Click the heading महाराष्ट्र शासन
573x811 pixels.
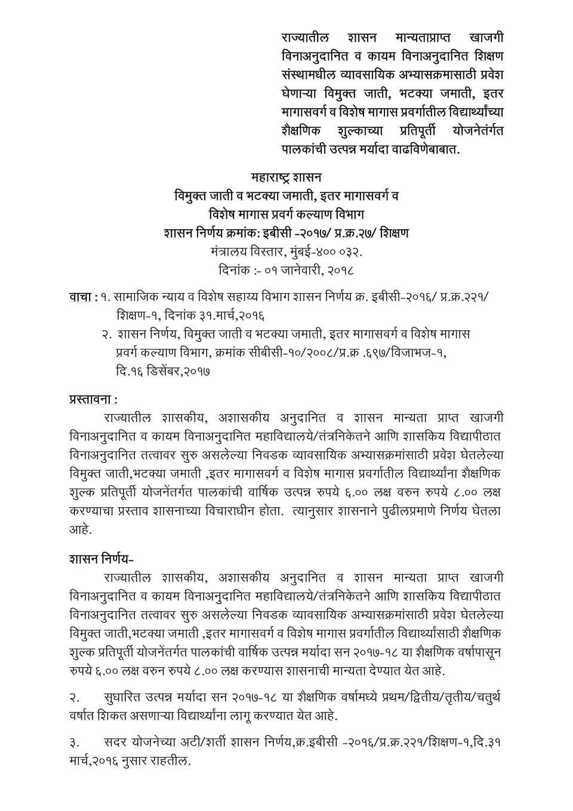click(286, 177)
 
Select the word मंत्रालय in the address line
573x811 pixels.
click(232, 251)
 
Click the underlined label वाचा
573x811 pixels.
click(81, 297)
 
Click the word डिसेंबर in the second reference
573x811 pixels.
click(160, 371)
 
